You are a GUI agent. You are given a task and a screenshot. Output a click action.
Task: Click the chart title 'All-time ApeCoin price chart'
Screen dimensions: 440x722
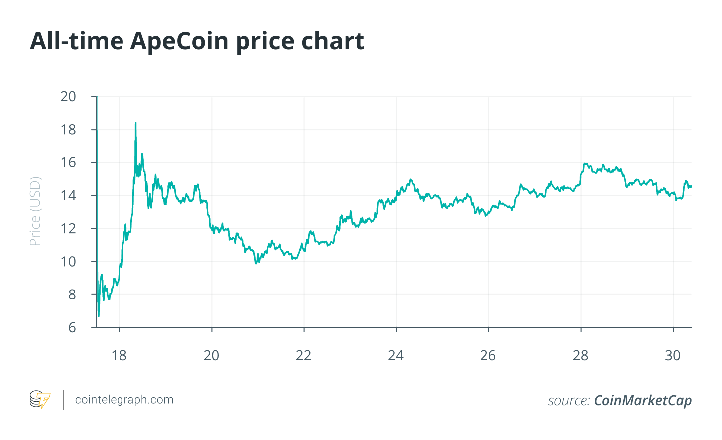(197, 41)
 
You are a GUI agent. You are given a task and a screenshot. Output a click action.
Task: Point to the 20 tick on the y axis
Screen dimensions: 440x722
(68, 96)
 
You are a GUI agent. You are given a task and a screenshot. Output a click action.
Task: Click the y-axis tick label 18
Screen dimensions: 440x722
(68, 130)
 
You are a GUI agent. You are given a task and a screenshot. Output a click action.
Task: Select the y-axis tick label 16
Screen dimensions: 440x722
(68, 162)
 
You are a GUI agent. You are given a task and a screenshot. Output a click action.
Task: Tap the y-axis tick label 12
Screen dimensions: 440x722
(68, 229)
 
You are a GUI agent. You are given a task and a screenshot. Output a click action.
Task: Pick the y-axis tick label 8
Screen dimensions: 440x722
(72, 294)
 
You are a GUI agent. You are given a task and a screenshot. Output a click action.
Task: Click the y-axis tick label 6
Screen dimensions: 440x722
(72, 327)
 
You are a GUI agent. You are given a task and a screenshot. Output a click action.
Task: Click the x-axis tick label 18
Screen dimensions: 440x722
(120, 356)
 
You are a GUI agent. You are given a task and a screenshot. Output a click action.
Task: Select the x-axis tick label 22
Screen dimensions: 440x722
(304, 356)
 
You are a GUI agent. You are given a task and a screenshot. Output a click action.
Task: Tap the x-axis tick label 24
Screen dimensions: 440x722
(396, 356)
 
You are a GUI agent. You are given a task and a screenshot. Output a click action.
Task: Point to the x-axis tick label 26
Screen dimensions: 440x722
(488, 356)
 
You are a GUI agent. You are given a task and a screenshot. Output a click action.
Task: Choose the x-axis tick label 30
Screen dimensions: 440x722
(673, 356)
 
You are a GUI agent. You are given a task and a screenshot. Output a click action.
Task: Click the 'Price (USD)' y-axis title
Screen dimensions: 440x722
(35, 211)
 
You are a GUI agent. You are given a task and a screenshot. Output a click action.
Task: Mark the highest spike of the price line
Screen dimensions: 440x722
(135, 123)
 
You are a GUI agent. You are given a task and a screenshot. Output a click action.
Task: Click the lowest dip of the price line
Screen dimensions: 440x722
(99, 316)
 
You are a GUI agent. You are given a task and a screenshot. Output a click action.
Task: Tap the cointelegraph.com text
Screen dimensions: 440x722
(124, 400)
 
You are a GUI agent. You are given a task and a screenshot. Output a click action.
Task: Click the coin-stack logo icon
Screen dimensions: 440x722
(40, 400)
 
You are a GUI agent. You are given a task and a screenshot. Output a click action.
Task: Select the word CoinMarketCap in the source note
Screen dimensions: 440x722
(643, 401)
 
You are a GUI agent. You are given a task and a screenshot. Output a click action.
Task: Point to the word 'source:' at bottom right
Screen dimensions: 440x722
(569, 401)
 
